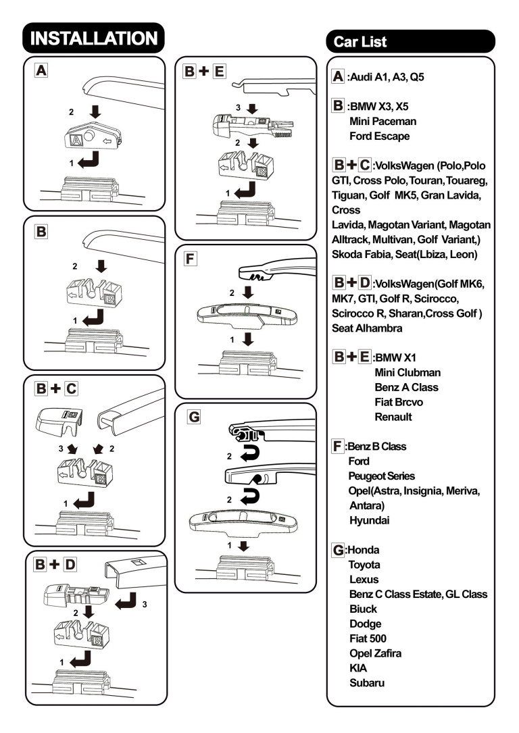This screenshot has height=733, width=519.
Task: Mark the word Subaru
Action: pos(367,683)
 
